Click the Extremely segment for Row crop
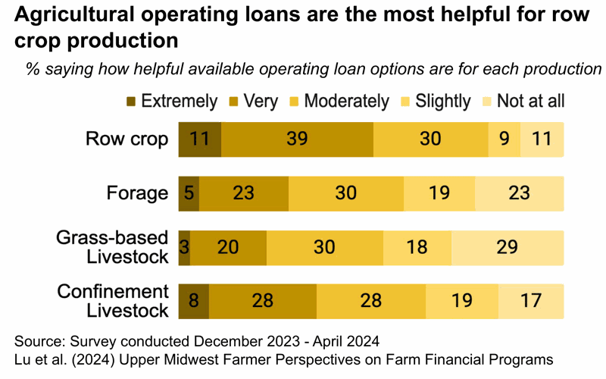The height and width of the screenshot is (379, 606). tap(199, 139)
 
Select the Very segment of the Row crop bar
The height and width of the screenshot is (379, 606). tap(297, 139)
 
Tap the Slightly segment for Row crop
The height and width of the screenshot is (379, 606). tap(504, 139)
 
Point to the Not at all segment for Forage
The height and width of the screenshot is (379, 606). tap(520, 193)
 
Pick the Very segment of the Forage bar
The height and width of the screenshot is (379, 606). tap(243, 193)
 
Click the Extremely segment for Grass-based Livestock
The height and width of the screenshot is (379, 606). tap(184, 247)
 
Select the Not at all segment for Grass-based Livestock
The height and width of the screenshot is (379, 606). tap(508, 247)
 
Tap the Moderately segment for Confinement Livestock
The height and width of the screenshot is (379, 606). tap(371, 301)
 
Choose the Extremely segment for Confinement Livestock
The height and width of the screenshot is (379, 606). tap(194, 301)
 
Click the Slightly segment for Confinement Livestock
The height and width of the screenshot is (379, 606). tap(462, 301)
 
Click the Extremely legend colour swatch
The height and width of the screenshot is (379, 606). tap(131, 101)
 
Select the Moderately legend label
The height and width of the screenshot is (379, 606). tap(346, 101)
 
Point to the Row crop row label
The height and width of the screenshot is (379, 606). tap(127, 139)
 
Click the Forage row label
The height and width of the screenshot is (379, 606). tap(141, 193)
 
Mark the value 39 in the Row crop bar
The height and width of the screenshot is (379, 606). tap(297, 139)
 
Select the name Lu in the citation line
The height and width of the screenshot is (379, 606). tap(23, 358)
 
